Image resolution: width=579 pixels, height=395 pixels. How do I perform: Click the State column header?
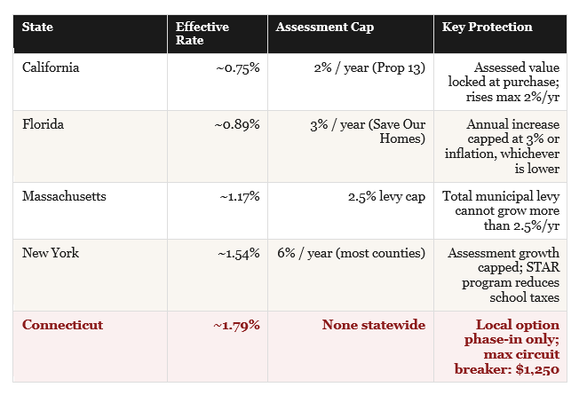(x=37, y=27)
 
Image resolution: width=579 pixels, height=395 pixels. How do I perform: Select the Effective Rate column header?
(x=202, y=33)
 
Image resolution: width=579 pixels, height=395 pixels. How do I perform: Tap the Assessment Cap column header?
(x=325, y=28)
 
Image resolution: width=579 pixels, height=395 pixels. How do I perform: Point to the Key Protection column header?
(x=487, y=27)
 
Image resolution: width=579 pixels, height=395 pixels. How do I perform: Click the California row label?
(x=51, y=67)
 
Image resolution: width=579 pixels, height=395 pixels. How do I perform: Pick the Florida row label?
(x=43, y=124)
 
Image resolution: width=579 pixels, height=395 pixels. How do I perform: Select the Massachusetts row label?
(x=64, y=196)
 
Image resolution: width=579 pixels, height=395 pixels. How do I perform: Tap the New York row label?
(x=51, y=253)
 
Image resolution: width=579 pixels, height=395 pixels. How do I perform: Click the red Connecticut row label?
(x=62, y=325)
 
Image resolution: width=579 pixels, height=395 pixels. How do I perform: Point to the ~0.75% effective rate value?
(x=238, y=68)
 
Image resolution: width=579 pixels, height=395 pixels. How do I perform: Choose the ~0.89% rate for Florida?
(x=237, y=124)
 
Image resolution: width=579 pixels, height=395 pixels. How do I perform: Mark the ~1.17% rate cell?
(x=240, y=196)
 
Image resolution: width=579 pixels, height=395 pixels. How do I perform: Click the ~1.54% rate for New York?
(x=239, y=253)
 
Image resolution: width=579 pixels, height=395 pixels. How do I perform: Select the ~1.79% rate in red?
(x=236, y=325)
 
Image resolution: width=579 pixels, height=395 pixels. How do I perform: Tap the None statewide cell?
(x=374, y=325)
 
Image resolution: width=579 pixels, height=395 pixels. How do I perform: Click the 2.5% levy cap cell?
(x=386, y=196)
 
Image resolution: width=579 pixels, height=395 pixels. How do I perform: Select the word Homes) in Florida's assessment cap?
(x=402, y=138)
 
